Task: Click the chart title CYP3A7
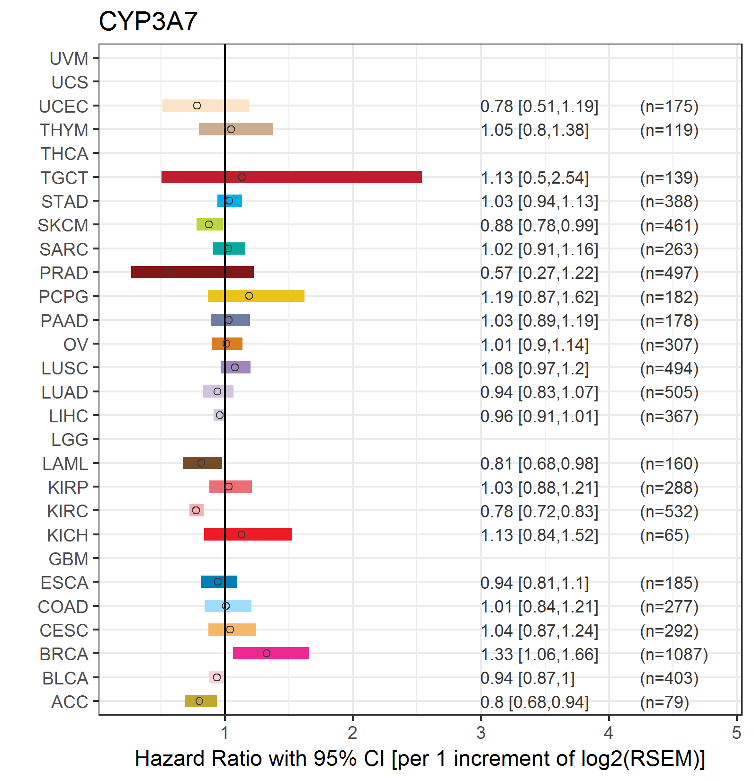pos(148,21)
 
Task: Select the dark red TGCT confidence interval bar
pos(292,177)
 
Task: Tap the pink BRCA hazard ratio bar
pos(271,653)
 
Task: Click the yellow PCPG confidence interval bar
pos(256,296)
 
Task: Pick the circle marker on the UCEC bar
pos(197,106)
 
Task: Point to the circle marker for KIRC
pos(196,510)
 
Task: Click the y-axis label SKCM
pos(63,225)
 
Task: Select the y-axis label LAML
pos(65,464)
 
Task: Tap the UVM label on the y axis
pos(69,59)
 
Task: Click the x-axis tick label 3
pos(481,733)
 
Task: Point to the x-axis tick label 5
pos(736,733)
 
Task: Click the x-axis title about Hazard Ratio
pos(420,759)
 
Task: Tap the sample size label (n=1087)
pos(674,655)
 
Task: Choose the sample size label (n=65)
pos(664,535)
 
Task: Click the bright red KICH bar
pos(248,534)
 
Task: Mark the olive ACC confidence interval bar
pos(201,701)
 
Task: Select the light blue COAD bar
pos(228,606)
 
